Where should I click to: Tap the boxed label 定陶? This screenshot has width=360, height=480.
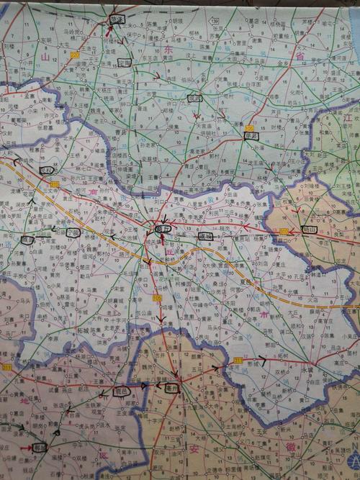(x=125, y=63)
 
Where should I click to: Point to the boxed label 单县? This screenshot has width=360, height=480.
(x=251, y=133)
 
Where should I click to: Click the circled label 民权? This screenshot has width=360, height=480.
(x=48, y=171)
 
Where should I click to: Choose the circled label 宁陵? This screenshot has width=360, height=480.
(x=72, y=232)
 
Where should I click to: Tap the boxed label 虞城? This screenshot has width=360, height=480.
(x=205, y=235)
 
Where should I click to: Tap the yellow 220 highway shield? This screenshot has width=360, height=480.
(x=75, y=54)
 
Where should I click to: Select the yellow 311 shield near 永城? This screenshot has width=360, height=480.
(x=238, y=360)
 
